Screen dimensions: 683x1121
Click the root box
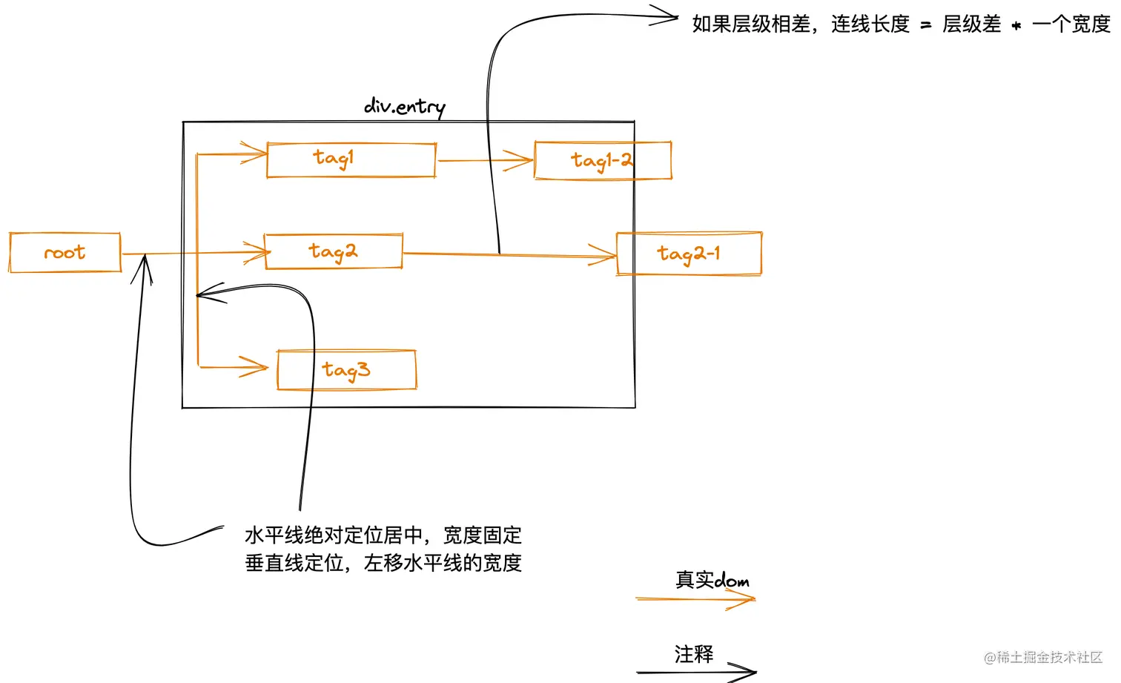pos(65,253)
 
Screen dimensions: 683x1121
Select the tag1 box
pos(351,160)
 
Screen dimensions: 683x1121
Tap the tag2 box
pos(334,252)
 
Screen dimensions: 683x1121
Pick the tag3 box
pos(346,369)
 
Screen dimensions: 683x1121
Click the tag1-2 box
pos(602,161)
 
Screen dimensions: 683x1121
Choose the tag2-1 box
pos(689,254)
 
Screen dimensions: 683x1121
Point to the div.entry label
pos(405,107)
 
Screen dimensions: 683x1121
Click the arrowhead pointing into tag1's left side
pos(254,154)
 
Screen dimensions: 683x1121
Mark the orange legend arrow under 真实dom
pos(695,599)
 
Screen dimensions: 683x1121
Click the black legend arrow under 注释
pos(695,672)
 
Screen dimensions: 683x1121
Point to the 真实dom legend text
pos(712,580)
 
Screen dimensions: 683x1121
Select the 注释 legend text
pos(694,654)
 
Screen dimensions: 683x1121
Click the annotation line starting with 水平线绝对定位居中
pos(383,535)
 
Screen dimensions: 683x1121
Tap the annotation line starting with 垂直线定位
pos(383,563)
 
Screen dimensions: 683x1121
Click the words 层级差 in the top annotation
pos(971,24)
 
